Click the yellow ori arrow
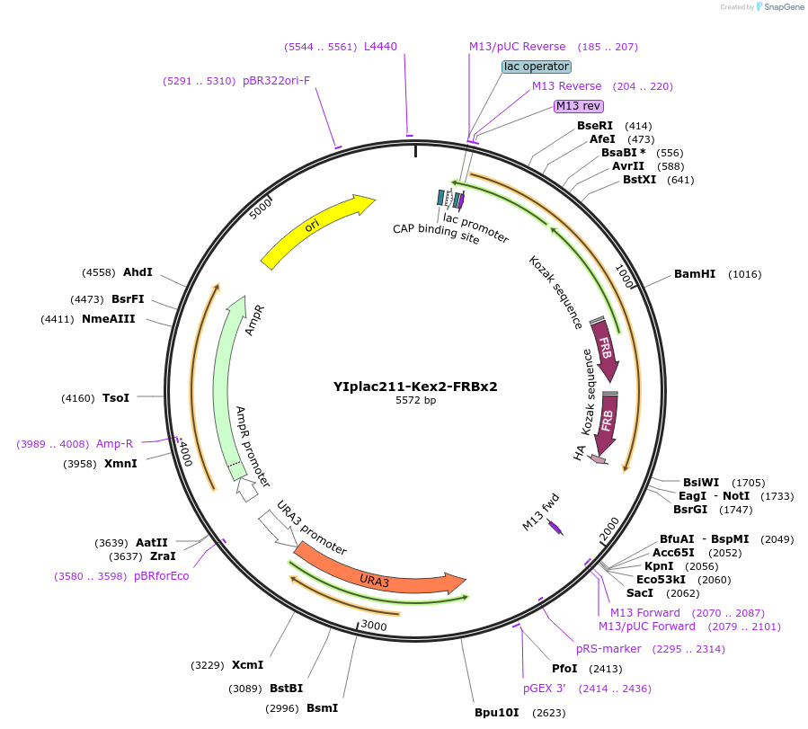click(315, 230)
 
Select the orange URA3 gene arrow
click(377, 575)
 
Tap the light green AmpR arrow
click(233, 387)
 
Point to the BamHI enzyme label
click(695, 274)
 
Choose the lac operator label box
click(536, 67)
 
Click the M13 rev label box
click(578, 106)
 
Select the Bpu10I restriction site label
click(497, 713)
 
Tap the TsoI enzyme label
click(116, 397)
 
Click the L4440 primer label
click(380, 47)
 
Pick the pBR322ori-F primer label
click(276, 81)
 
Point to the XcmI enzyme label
click(247, 665)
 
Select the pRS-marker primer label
click(608, 649)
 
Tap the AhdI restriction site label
click(138, 272)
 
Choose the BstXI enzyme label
click(639, 180)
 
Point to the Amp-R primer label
click(114, 444)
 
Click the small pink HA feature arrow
click(598, 460)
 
